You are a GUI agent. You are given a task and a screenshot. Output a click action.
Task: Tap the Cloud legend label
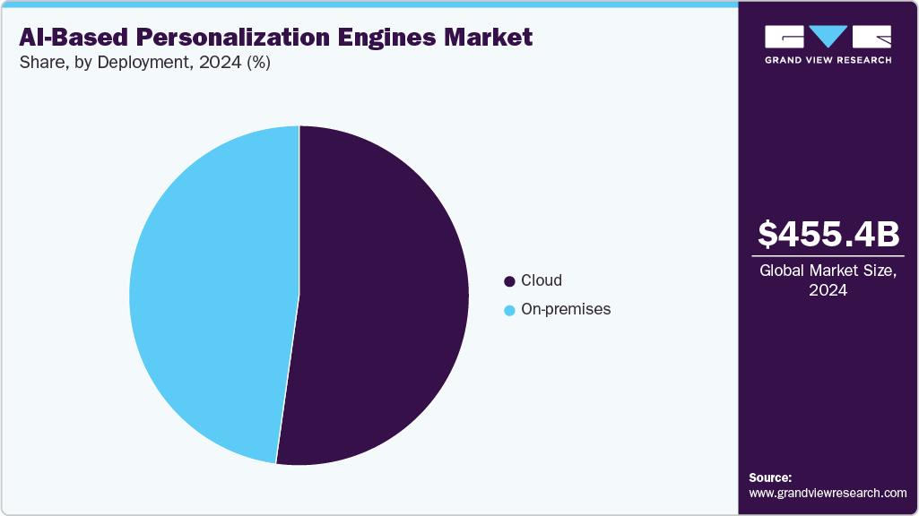pyautogui.click(x=542, y=280)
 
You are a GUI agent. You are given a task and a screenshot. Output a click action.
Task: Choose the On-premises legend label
pyautogui.click(x=566, y=309)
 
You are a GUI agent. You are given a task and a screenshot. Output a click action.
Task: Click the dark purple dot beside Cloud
pyautogui.click(x=510, y=281)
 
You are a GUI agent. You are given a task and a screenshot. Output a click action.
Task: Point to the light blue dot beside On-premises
pyautogui.click(x=510, y=310)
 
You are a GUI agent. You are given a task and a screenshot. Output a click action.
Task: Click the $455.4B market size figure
pyautogui.click(x=828, y=235)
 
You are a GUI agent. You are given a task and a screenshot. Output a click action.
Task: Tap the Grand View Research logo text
pyautogui.click(x=828, y=60)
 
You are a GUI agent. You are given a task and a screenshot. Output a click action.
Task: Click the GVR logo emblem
pyautogui.click(x=828, y=37)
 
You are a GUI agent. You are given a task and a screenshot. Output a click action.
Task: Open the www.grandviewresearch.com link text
pyautogui.click(x=828, y=493)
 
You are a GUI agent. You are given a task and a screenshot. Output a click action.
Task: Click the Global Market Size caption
pyautogui.click(x=828, y=271)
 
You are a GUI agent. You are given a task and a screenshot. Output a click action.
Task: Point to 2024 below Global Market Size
pyautogui.click(x=828, y=290)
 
